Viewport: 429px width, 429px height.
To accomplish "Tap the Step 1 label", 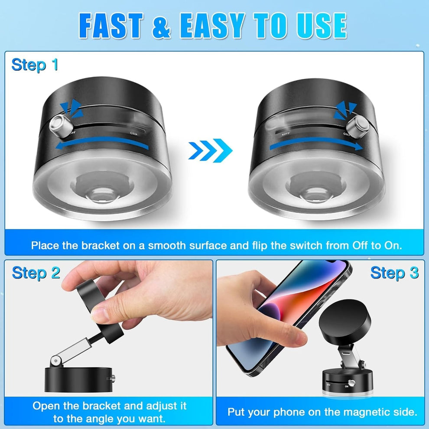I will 35,65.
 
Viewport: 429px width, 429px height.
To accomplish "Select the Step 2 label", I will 36,273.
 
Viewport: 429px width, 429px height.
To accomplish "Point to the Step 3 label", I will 394,273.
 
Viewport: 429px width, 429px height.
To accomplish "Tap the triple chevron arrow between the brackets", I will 211,151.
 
